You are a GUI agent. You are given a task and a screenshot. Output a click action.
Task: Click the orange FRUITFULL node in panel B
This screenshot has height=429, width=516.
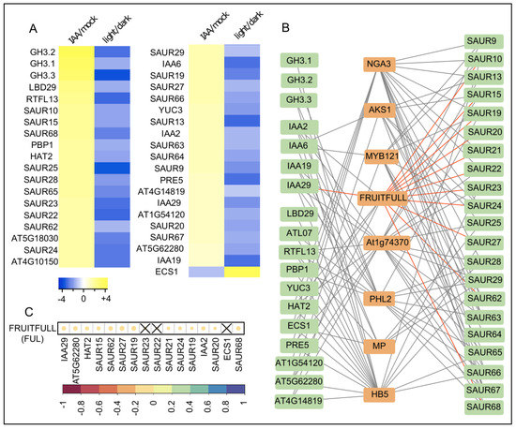point(383,198)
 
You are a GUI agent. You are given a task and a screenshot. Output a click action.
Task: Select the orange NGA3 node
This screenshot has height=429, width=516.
point(379,64)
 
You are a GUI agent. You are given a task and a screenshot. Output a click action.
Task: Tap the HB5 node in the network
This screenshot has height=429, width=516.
point(379,394)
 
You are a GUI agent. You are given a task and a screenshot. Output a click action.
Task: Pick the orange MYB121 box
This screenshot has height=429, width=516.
point(382,156)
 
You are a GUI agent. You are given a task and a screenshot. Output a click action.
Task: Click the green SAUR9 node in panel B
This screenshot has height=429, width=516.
point(484,41)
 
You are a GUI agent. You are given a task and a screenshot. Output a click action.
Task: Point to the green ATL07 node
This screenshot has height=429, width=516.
point(298,233)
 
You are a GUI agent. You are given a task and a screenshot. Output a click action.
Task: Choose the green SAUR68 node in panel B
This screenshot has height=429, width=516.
point(484,407)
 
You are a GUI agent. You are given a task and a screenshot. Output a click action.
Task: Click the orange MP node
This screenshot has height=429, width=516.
point(379,347)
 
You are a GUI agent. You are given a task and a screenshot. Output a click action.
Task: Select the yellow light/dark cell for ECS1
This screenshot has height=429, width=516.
point(242,272)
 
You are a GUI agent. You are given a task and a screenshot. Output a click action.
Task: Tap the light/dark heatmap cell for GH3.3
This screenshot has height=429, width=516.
point(113,75)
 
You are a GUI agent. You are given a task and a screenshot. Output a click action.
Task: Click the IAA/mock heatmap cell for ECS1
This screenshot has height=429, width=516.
point(206,272)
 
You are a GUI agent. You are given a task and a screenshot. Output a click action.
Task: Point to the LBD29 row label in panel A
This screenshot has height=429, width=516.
point(42,87)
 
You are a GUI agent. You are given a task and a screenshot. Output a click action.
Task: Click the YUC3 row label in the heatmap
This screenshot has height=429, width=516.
point(171,111)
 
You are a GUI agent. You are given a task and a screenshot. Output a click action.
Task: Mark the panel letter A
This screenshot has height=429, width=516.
point(33,29)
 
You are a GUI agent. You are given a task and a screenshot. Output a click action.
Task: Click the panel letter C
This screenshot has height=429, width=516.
point(29,311)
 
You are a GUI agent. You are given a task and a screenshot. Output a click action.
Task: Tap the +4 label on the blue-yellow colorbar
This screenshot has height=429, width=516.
point(106,299)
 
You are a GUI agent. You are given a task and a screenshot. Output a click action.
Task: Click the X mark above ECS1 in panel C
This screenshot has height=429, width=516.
point(226,328)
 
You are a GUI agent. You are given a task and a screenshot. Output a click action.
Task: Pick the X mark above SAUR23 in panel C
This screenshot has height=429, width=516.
point(145,328)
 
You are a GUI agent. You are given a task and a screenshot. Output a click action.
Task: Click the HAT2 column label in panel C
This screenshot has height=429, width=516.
point(88,348)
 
